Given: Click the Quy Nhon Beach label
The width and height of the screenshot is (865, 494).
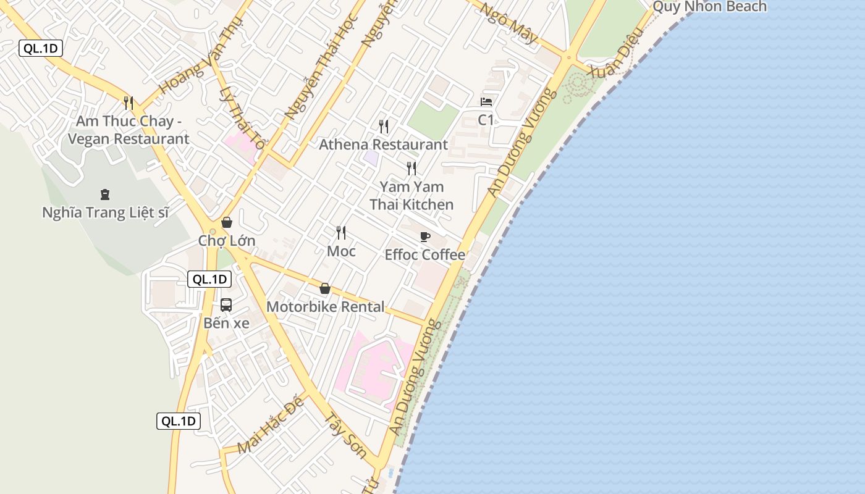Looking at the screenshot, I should click(709, 7).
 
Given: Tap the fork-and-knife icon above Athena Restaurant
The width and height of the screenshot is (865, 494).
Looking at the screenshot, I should click(384, 127).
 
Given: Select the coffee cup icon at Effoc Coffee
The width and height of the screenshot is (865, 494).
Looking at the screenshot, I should click(425, 237).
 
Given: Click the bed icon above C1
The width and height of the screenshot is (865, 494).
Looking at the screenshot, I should click(486, 102).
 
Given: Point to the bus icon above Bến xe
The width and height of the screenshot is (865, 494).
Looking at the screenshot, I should click(226, 304).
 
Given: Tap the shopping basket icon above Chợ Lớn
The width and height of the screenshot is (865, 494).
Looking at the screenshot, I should click(227, 222).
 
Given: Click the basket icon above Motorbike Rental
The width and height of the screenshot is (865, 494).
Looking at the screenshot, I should click(325, 288).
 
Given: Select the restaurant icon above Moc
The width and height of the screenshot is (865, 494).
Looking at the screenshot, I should click(340, 233).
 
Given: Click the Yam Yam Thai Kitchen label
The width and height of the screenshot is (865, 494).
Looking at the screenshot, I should click(411, 195).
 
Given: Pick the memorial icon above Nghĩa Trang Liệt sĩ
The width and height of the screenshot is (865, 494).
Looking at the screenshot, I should click(105, 195).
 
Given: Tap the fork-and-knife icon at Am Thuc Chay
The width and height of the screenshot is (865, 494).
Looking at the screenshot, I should click(129, 103).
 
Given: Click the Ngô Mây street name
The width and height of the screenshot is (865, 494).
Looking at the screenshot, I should click(510, 23).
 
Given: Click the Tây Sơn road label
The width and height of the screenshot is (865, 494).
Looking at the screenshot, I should click(345, 434).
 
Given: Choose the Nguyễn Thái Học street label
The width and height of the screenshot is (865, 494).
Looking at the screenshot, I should click(322, 68).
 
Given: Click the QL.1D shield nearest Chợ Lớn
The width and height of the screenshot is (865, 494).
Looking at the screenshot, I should click(209, 279).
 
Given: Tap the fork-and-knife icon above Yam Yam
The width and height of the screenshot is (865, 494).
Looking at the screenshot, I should click(411, 169).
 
